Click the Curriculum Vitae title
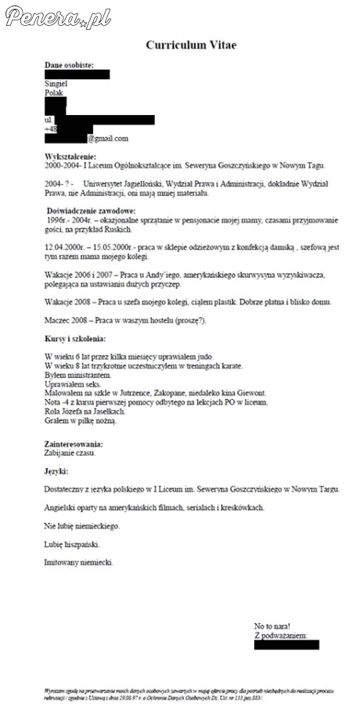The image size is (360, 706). point(191,45)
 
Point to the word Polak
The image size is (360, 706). point(55,92)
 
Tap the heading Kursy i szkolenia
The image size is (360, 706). point(77,338)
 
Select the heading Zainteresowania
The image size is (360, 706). point(74,444)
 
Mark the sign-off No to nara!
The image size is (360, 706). point(272,626)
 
